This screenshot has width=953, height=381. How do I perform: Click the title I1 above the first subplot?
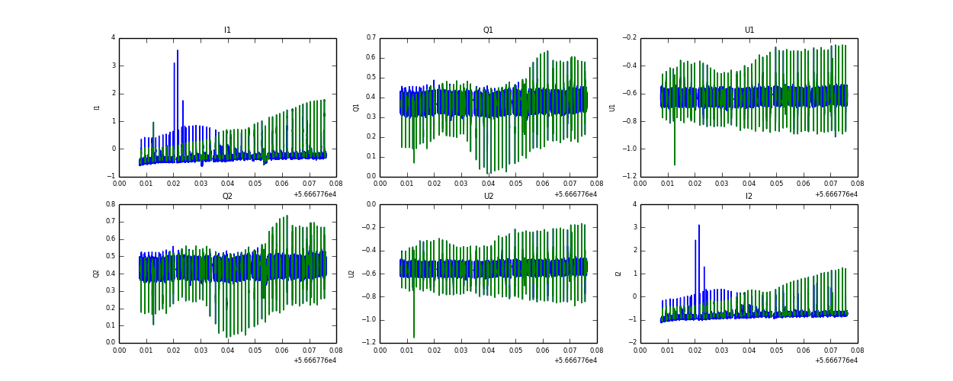point(227,30)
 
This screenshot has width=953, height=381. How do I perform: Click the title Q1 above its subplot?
point(488,30)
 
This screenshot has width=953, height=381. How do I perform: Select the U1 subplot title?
point(749,30)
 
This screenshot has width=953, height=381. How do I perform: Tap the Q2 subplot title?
point(227,197)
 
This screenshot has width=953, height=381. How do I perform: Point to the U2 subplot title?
point(488,197)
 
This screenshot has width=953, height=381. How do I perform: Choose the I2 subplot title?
point(749,197)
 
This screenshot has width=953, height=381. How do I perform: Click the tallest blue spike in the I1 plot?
point(178,52)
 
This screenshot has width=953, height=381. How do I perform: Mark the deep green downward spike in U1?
point(674,163)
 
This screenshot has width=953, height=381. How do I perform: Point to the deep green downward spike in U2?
point(414,336)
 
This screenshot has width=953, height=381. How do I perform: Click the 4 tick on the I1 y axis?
point(113,38)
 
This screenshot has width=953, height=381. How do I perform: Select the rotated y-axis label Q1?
point(356,107)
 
